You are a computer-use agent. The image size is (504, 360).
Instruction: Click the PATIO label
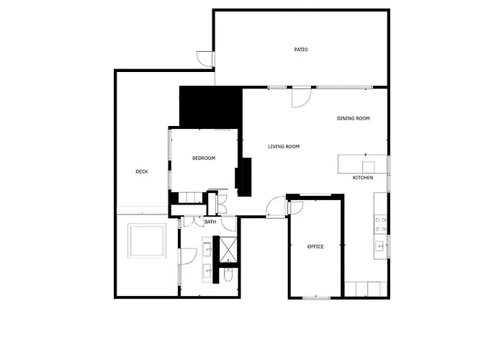(301, 50)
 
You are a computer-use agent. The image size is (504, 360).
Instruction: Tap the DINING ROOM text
(353, 118)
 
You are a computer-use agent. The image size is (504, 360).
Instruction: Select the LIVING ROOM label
(284, 147)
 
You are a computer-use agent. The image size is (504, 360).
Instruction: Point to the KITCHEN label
(362, 178)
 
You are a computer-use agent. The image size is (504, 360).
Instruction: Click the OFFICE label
(315, 247)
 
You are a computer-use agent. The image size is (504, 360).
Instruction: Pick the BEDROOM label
(203, 158)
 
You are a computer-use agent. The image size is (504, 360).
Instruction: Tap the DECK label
(142, 171)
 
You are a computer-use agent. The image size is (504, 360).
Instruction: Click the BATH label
(210, 222)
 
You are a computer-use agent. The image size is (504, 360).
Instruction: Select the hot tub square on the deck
(147, 240)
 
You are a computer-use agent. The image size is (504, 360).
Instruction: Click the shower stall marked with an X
(231, 249)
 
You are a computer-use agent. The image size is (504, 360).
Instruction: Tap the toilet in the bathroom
(228, 276)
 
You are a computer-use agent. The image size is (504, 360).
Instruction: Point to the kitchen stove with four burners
(379, 223)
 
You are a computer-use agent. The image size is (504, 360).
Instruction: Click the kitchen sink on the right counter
(379, 246)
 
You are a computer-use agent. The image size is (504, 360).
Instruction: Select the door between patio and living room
(302, 96)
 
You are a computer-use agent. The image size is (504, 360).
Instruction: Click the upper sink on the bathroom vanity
(208, 249)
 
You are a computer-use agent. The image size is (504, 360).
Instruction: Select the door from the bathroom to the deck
(186, 256)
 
